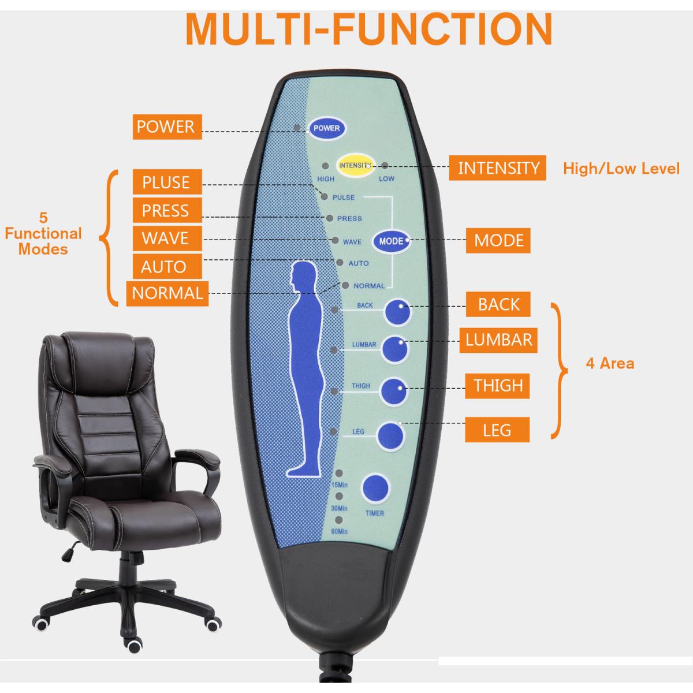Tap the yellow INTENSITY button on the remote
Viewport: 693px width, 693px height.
coord(356,165)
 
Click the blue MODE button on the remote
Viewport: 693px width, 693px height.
coord(391,241)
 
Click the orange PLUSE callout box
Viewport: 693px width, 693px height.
coord(166,182)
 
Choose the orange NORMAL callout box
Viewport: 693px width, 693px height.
coord(167,293)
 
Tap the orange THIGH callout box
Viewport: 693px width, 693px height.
coord(498,385)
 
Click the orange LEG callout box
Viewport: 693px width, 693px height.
coord(497,430)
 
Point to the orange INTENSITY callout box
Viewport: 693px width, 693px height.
coord(498,168)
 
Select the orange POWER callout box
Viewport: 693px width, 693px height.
coord(166,126)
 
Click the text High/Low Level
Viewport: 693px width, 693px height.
coord(621,169)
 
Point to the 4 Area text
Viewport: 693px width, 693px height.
coord(609,363)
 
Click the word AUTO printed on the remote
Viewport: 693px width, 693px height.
coord(359,263)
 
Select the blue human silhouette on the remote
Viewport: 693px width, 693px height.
coord(304,370)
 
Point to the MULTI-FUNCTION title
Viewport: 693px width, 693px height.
coord(369,27)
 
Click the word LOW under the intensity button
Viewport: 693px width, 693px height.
coord(386,179)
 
